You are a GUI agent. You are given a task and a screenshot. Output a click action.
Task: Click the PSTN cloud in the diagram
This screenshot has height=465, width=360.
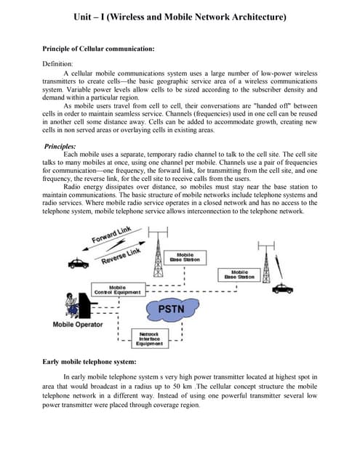coord(176,310)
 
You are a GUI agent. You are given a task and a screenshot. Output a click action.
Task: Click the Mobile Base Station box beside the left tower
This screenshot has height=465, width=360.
coord(185,256)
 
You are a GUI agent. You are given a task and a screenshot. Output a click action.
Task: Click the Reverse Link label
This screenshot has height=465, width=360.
coord(120,256)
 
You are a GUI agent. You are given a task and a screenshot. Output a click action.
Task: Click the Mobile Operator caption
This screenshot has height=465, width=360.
coord(78,325)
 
